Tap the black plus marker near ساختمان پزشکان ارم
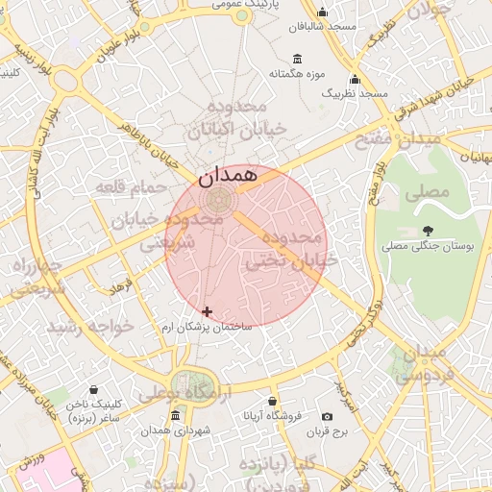(208, 311)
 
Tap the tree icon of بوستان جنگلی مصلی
(428, 231)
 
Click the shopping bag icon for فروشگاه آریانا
(273, 401)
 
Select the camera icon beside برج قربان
(327, 416)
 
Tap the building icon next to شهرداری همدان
(174, 415)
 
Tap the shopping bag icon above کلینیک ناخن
(92, 390)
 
